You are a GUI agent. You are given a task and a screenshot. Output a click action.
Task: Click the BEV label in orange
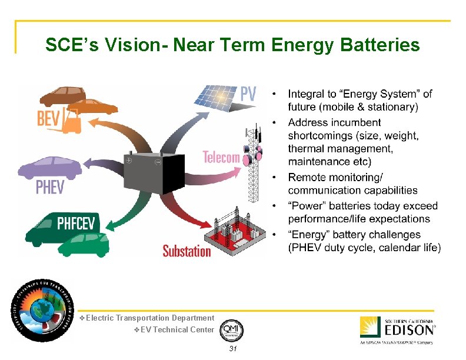point(48,119)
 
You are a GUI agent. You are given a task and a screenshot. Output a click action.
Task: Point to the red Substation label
point(186,251)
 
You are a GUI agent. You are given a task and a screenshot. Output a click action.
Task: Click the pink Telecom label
point(221,157)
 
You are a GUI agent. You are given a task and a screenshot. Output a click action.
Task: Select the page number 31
point(232,349)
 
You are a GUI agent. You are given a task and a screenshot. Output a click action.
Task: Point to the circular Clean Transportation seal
point(40,310)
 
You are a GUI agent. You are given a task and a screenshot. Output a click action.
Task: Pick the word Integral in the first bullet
point(307,94)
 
